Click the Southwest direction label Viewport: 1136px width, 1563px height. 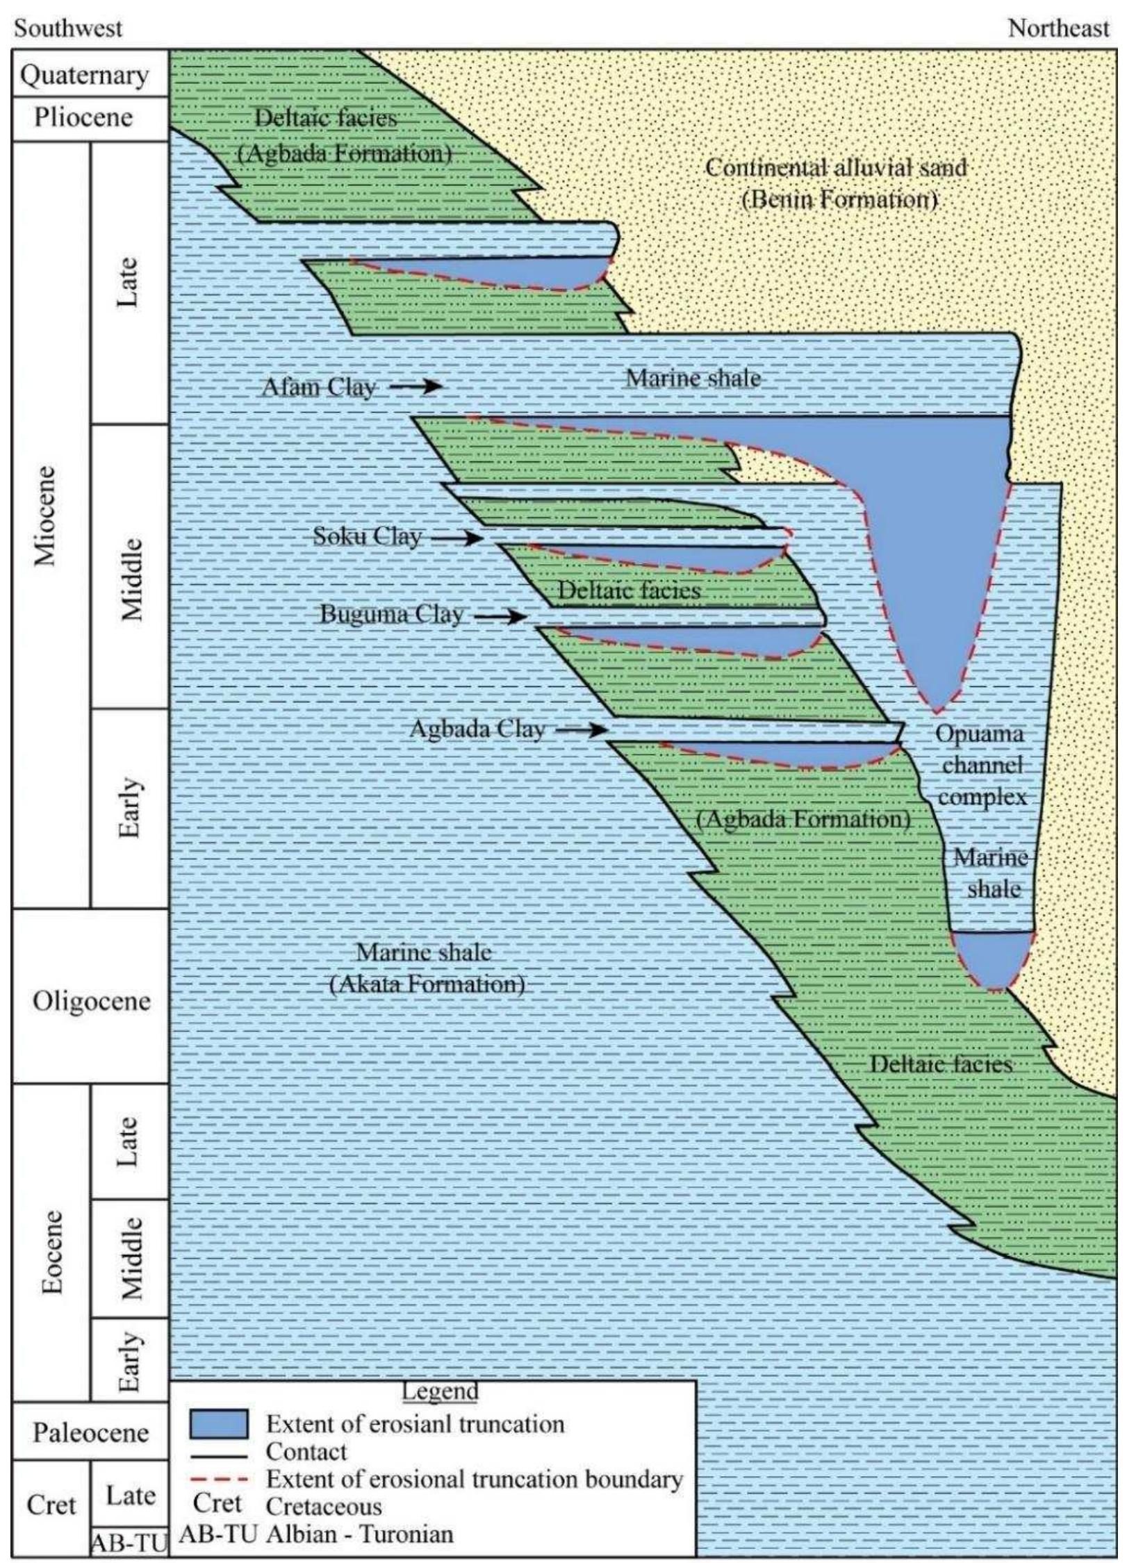[68, 28]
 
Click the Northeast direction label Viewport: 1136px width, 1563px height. [1058, 28]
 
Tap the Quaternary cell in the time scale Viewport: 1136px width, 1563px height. [84, 75]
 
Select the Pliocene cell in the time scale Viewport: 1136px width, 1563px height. [84, 117]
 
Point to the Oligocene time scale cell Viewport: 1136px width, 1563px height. [91, 1001]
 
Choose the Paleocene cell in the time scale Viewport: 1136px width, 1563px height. [91, 1432]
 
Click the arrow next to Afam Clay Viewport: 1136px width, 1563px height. [415, 386]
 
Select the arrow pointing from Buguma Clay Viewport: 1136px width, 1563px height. [500, 615]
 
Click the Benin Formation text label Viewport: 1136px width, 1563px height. [839, 200]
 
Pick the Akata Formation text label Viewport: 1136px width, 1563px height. [426, 984]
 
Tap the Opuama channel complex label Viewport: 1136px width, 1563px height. [980, 765]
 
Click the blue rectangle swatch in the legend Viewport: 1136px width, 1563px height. [219, 1423]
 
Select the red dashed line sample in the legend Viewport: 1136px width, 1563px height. [219, 1480]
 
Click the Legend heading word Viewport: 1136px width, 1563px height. [440, 1391]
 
